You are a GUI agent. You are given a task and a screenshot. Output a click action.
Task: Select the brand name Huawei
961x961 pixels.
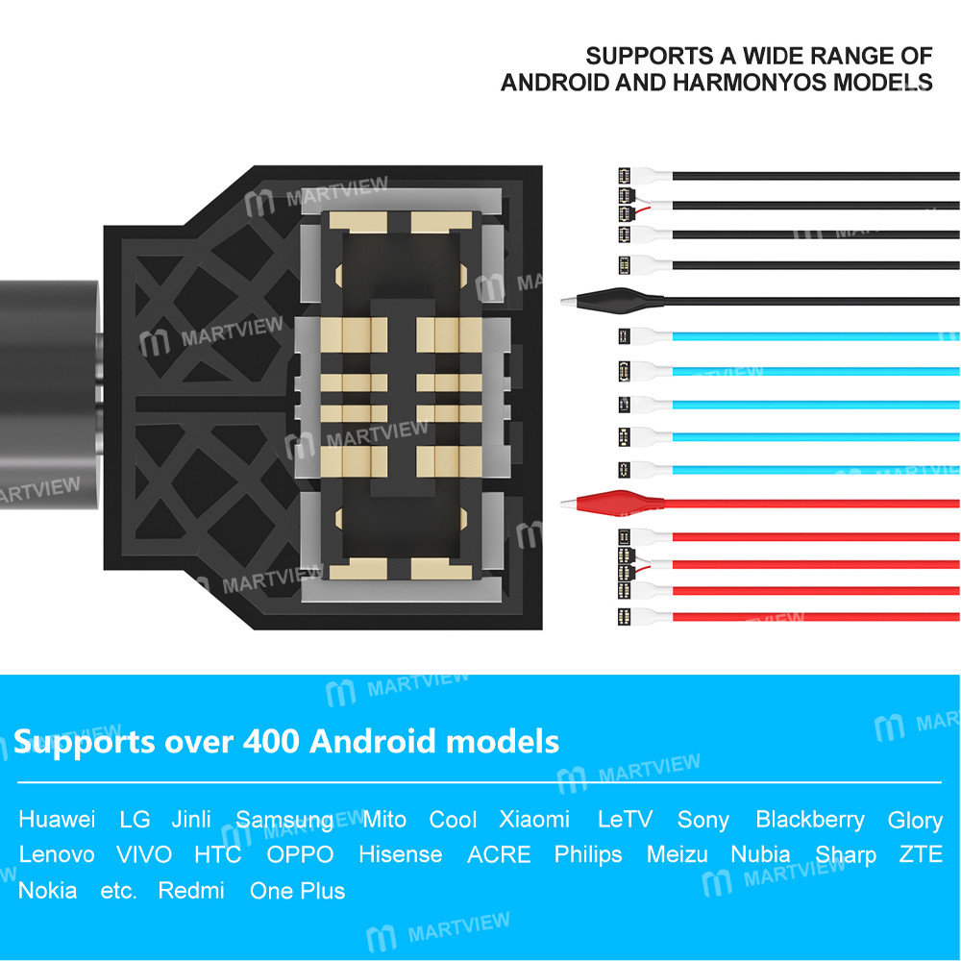[x=57, y=820]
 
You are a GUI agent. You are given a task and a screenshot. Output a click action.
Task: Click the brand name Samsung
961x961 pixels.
[x=284, y=820]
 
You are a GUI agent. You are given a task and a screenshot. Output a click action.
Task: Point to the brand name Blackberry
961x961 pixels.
[x=810, y=820]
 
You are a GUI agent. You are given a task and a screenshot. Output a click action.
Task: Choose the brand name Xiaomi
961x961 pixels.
[x=534, y=820]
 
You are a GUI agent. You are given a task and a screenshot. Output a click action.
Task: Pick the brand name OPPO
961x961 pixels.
[x=300, y=854]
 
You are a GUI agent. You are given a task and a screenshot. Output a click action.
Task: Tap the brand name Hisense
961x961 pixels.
[x=400, y=854]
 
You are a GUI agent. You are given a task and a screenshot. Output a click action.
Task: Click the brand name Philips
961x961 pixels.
[x=588, y=854]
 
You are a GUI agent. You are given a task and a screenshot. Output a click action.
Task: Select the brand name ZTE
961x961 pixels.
[x=921, y=854]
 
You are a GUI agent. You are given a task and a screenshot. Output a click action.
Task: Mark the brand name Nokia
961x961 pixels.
[x=47, y=890]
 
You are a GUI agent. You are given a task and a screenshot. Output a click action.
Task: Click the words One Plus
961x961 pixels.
[x=297, y=890]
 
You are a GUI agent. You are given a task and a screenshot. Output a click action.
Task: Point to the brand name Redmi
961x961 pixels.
[x=191, y=890]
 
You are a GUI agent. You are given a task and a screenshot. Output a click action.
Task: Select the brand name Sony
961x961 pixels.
[x=702, y=820]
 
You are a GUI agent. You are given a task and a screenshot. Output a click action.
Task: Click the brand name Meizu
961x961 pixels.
[x=677, y=854]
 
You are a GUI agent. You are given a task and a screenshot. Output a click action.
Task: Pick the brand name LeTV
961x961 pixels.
[x=625, y=820]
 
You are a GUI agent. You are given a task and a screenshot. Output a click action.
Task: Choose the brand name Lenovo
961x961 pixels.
[x=57, y=854]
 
